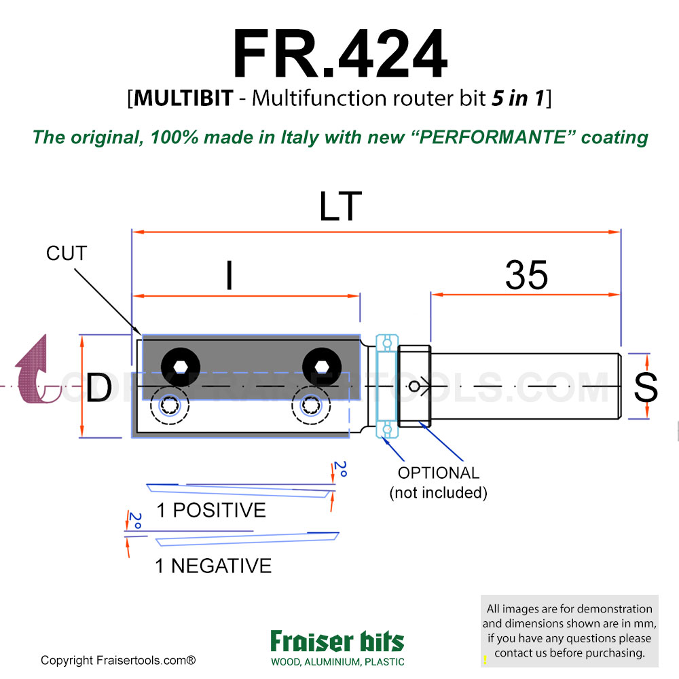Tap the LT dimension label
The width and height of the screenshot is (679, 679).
[x=340, y=206]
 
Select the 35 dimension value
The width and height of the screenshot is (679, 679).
[x=526, y=276]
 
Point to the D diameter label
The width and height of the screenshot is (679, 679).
[x=98, y=388]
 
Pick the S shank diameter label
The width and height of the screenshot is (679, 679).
[x=644, y=388]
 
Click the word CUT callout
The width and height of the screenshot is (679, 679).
[x=67, y=254]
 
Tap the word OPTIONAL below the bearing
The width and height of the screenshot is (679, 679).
[x=439, y=473]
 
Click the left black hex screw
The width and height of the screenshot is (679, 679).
[x=179, y=366]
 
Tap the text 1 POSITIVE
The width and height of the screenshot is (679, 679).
[x=211, y=510]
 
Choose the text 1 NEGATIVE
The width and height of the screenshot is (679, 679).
[x=213, y=566]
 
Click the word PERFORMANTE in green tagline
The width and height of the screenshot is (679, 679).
[x=490, y=137]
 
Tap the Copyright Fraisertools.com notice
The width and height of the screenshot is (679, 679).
[x=118, y=660]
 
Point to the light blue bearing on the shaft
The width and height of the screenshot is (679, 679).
[x=387, y=386]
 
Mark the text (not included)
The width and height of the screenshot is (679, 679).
[x=438, y=492]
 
